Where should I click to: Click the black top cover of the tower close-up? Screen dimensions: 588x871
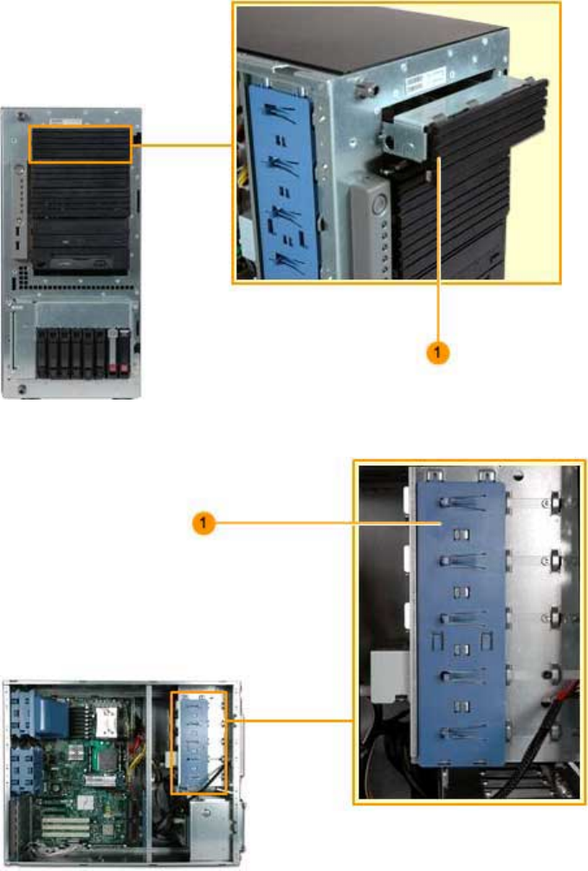[372, 43]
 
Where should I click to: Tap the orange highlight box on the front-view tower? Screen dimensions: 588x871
[81, 144]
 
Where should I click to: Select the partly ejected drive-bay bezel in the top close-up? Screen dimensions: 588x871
[472, 121]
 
